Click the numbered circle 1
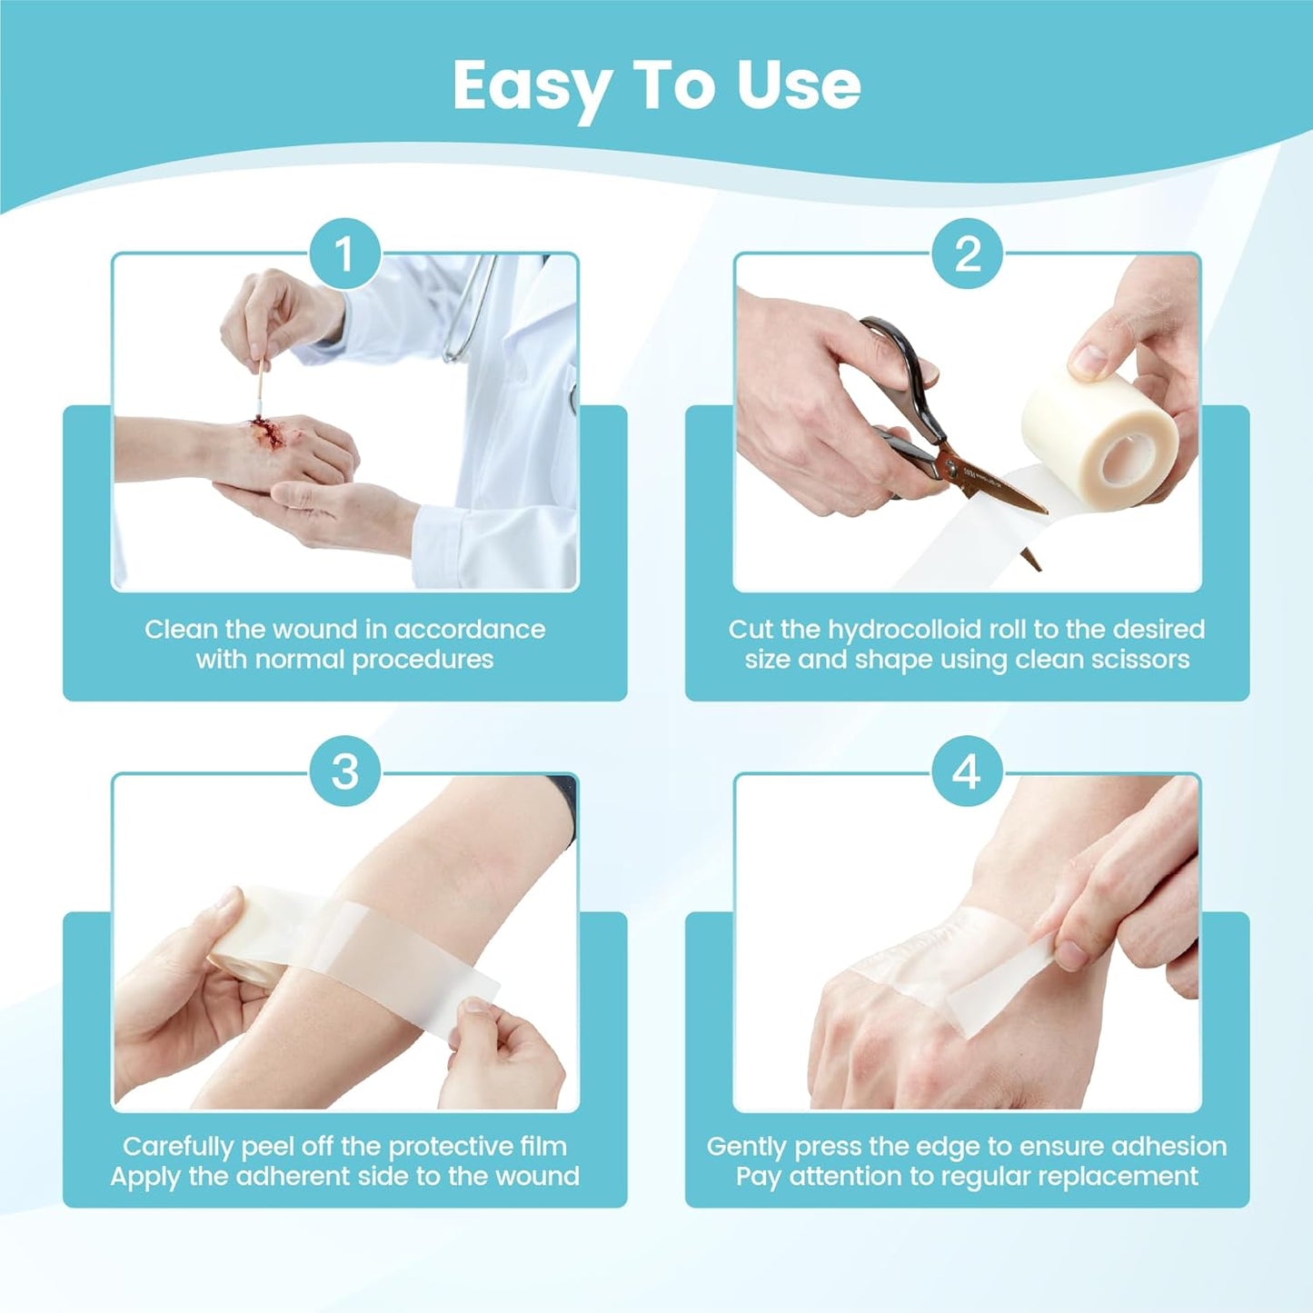point(344,254)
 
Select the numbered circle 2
point(967,254)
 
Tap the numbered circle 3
point(344,771)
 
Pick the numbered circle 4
point(967,771)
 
